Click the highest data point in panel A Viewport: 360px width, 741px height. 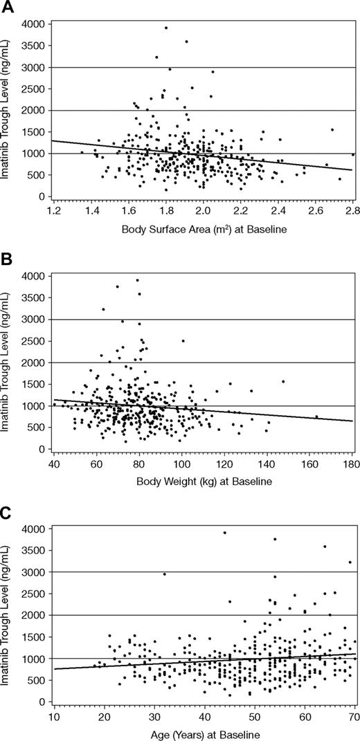166,28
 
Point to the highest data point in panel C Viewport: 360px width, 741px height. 224,533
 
